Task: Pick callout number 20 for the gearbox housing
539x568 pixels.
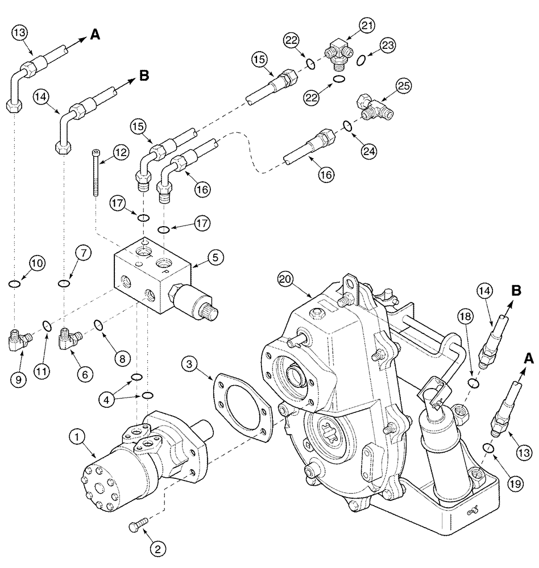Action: [x=286, y=280]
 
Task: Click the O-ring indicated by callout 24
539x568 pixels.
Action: [x=346, y=125]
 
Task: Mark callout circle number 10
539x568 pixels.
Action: [x=36, y=264]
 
